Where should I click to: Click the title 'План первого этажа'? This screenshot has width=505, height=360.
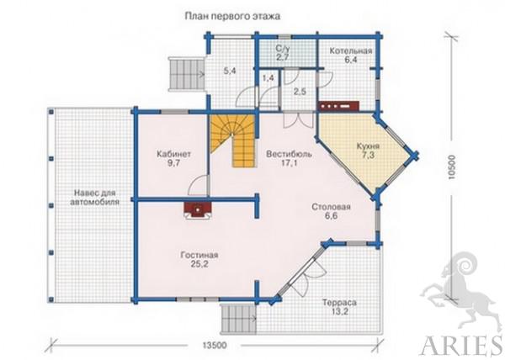(x=232, y=16)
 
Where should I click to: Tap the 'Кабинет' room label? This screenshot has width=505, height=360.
(x=173, y=154)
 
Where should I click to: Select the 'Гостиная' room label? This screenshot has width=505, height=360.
(x=199, y=255)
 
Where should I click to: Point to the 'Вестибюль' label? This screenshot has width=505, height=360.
(x=289, y=154)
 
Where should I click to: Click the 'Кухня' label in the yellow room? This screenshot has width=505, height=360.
(x=368, y=146)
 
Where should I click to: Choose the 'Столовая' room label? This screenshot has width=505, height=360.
(x=331, y=207)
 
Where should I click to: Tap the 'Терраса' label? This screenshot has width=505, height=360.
(x=339, y=303)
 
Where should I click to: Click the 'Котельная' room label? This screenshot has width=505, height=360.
(x=351, y=50)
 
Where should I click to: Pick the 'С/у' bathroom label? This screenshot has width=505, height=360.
(x=283, y=48)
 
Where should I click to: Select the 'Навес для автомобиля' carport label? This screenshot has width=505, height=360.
(x=94, y=198)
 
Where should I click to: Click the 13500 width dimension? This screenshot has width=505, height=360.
(x=215, y=346)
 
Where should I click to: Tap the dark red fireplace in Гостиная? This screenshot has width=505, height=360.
(x=198, y=210)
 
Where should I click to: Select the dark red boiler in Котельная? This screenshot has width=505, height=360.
(x=338, y=106)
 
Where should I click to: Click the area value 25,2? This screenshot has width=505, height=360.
(x=199, y=264)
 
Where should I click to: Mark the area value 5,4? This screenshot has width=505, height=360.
(x=230, y=71)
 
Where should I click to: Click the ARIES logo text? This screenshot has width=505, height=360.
(x=461, y=347)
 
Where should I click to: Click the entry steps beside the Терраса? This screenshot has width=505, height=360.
(x=238, y=319)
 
